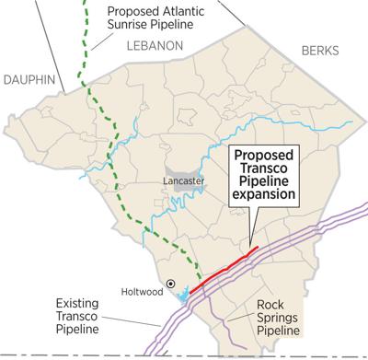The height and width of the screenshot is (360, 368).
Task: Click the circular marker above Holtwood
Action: point(170,283)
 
